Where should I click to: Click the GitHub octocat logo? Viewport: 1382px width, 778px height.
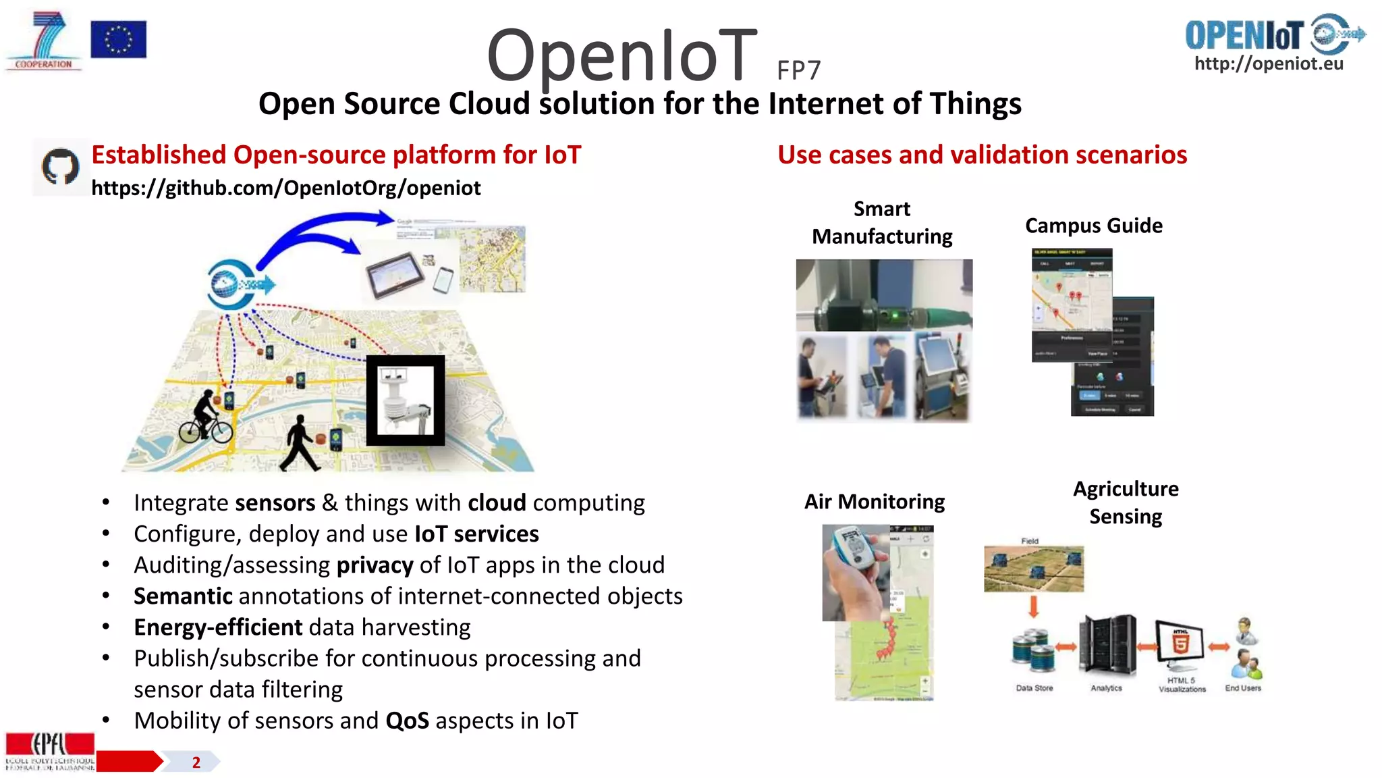point(61,167)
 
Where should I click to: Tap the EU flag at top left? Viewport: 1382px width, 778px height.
point(118,39)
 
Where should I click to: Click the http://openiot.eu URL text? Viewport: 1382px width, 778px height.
point(1269,63)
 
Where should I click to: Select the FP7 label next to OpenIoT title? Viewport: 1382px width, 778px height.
point(798,70)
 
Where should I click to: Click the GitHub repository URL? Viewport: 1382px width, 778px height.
point(285,188)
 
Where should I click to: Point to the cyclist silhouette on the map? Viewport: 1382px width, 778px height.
point(204,419)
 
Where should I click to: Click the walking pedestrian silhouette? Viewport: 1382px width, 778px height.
point(300,443)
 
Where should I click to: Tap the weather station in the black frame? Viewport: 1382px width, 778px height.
point(405,400)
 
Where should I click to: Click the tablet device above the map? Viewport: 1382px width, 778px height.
point(394,274)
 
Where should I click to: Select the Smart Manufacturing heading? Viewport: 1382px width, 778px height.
point(881,223)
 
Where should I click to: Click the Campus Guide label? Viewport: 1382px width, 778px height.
point(1093,226)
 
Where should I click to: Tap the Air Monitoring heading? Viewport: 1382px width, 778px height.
point(874,502)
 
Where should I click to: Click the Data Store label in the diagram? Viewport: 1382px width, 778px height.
point(1034,688)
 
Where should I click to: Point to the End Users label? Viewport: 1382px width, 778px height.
point(1242,688)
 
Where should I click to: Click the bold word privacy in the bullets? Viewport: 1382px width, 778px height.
point(375,565)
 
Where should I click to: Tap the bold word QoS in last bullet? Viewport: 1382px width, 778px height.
point(407,721)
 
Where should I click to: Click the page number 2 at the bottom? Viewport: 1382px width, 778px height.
point(196,762)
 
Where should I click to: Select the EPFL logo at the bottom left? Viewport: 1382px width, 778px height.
point(50,750)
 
